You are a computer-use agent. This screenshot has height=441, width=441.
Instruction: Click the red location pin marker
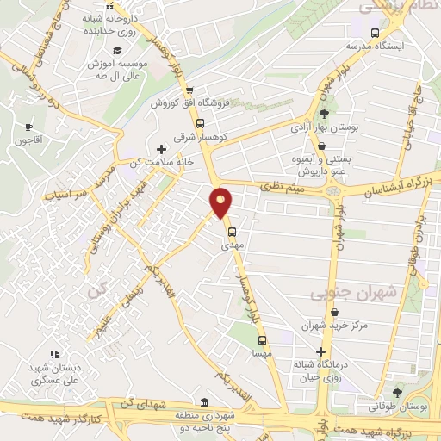[x=221, y=202]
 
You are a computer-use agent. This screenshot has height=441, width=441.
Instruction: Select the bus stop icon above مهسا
[x=263, y=339]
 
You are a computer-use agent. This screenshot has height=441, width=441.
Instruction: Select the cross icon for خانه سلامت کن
[x=161, y=148]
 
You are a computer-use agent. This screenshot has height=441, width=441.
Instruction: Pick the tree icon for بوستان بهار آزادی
[x=323, y=115]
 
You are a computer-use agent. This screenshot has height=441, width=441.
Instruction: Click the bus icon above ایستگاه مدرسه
[x=374, y=32]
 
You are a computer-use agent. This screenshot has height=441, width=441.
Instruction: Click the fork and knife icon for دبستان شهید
[x=53, y=353]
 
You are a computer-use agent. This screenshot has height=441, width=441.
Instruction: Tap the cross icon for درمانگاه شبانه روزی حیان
[x=321, y=352]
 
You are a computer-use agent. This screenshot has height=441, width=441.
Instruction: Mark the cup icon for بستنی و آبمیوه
[x=321, y=146]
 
